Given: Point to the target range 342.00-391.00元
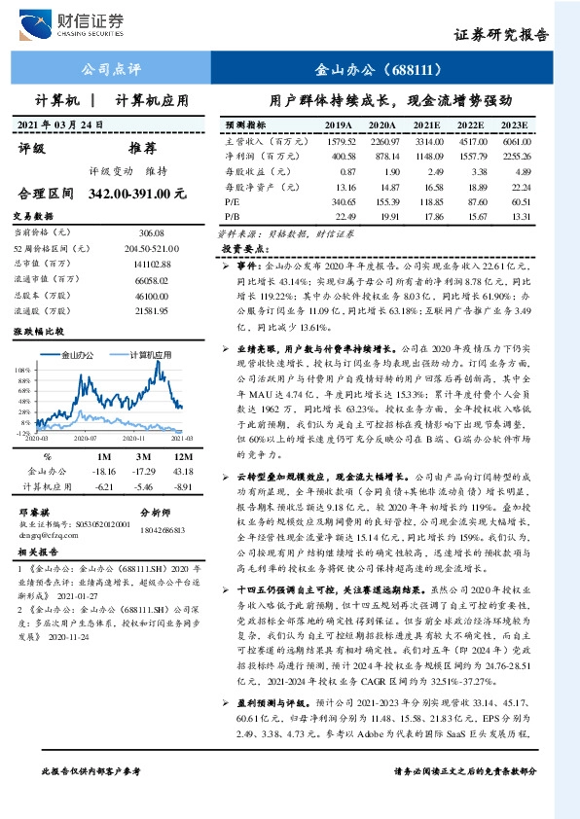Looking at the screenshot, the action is [136, 194].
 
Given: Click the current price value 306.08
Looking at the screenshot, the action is [152, 233].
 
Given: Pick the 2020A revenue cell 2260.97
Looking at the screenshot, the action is [383, 142].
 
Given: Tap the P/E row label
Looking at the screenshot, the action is [232, 200].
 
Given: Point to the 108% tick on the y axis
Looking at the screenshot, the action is [21, 371].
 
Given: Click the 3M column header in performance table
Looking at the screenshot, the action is [142, 455].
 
